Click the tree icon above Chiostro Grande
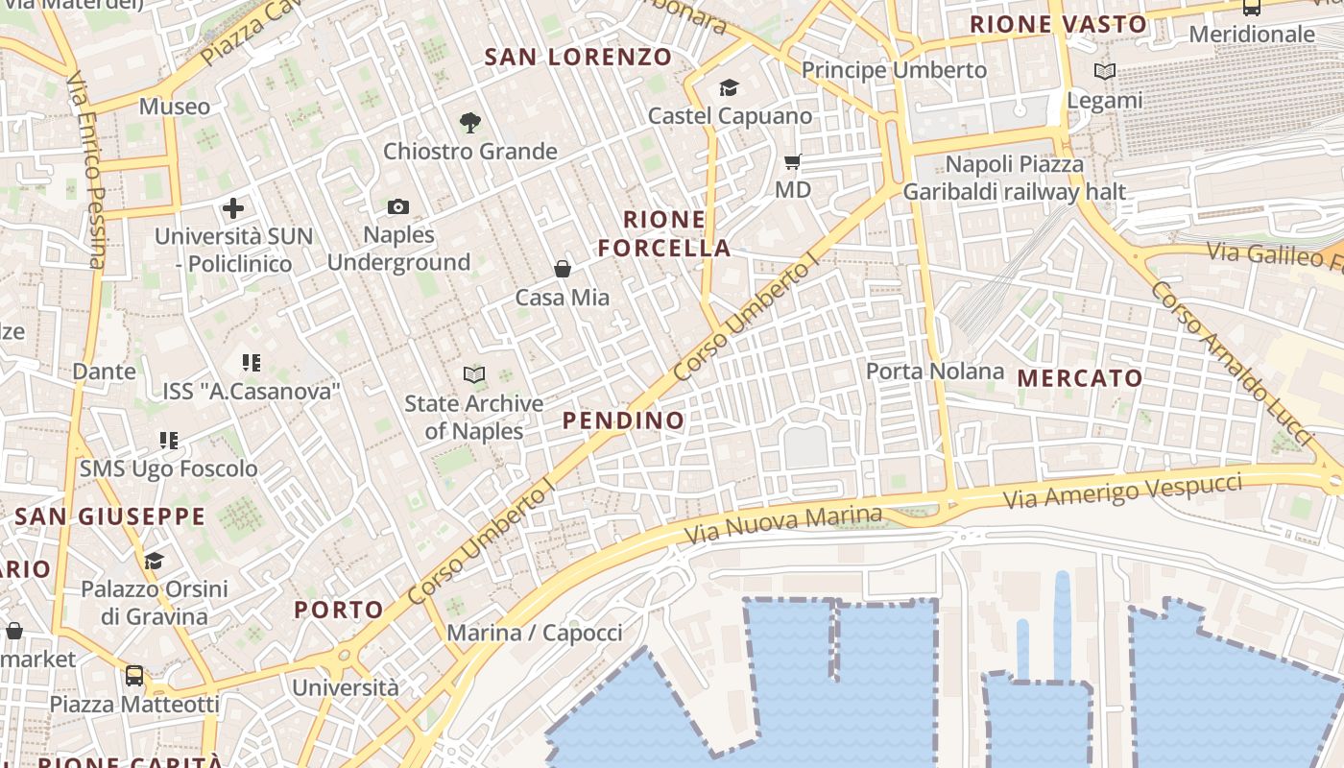pos(469,122)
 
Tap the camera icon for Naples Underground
pos(398,206)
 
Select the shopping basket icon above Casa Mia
pos(563,269)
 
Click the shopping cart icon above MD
pos(793,161)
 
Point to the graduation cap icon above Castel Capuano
pos(729,88)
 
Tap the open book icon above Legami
pos(1105,71)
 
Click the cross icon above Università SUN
pos(233,207)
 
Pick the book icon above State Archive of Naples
pos(473,374)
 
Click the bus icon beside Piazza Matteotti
pos(134,675)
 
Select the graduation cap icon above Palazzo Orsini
pos(154,561)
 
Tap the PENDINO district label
pos(624,420)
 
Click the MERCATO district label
pos(1080,378)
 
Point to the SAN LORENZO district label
pos(578,57)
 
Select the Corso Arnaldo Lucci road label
pos(1231,362)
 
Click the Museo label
pos(175,107)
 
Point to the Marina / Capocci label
pos(535,633)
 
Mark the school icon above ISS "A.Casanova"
pos(252,363)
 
